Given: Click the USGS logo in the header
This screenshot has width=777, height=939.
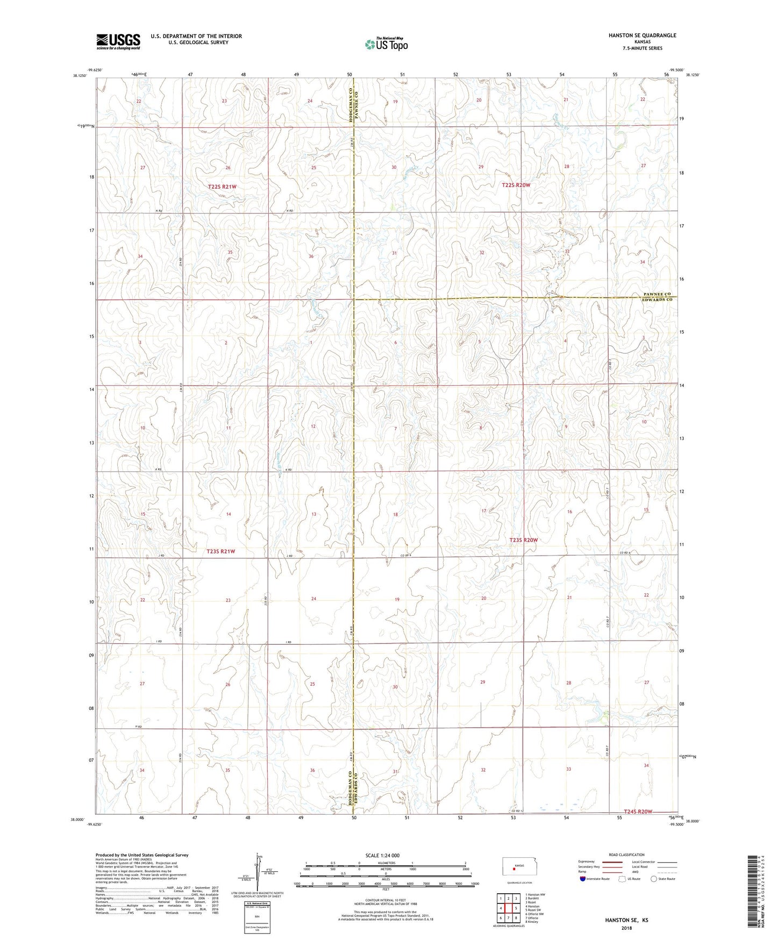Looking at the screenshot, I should pos(118,41).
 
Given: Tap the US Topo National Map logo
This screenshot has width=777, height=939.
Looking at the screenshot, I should pos(386,44).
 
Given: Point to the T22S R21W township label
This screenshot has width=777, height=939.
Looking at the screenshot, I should pos(222,187).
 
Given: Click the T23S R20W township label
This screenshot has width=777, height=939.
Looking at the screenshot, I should pos(523,540).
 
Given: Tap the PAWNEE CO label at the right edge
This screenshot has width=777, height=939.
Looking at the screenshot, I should pos(657,294).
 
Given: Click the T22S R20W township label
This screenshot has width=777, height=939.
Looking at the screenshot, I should pos(516,185).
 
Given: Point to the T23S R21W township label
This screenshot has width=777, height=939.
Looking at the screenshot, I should pos(221,551).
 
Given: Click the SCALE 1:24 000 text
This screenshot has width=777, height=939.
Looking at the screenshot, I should pos(382,855).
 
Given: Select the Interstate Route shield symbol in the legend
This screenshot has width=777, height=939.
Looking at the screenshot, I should pos(583,879).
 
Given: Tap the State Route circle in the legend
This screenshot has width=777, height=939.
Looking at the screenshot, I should pos(654,879).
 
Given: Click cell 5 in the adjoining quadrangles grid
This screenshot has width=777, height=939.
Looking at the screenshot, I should pos(516,908).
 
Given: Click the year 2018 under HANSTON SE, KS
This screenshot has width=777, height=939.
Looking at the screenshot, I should pos(626,928).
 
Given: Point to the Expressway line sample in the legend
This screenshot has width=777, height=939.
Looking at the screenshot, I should pos(612,862).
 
